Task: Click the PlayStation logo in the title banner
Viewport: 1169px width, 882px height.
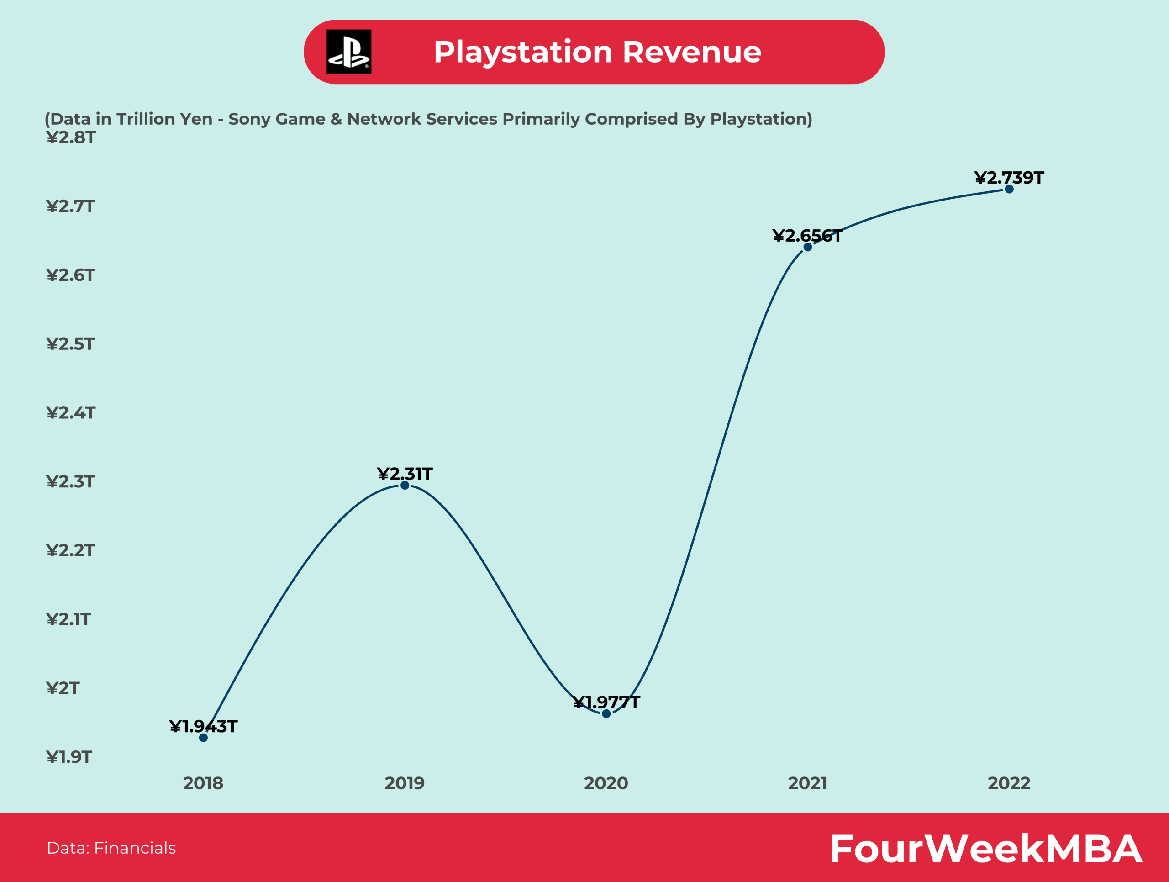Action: click(x=349, y=52)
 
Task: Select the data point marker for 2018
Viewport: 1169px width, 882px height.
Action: click(x=204, y=738)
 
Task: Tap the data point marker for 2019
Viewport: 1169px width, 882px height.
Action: click(x=405, y=485)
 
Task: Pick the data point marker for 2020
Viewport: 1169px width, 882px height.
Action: click(x=606, y=714)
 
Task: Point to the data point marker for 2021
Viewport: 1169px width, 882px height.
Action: click(x=807, y=247)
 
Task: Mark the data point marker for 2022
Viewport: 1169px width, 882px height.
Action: click(x=1009, y=189)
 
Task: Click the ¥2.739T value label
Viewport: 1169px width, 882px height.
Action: click(x=1009, y=178)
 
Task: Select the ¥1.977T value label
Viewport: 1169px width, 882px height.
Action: click(x=606, y=702)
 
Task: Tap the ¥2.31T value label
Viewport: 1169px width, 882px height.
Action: click(x=405, y=474)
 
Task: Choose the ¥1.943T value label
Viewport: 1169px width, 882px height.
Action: click(x=204, y=726)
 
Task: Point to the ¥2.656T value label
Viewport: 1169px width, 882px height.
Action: click(x=807, y=236)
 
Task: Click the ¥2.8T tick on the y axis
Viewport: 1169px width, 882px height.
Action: click(x=71, y=137)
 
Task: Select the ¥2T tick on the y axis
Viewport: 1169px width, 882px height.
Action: click(x=63, y=688)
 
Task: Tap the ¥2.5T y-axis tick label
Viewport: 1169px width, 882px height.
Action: click(x=70, y=344)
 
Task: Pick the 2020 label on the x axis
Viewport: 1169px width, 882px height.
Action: click(x=606, y=783)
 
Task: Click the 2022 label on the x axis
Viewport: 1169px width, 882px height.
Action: click(x=1009, y=783)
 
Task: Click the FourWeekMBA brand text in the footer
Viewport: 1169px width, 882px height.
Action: click(x=985, y=849)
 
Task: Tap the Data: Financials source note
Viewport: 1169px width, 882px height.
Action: click(x=111, y=848)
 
